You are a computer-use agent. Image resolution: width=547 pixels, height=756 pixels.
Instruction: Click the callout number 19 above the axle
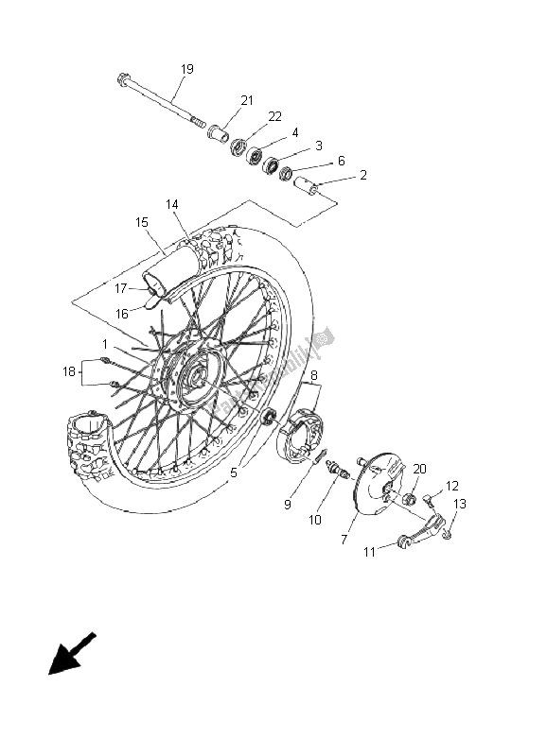click(187, 69)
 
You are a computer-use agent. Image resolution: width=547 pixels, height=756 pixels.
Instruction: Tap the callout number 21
click(247, 101)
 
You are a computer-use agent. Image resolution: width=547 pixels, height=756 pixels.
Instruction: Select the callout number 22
click(275, 116)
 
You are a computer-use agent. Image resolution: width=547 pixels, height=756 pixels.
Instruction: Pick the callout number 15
click(141, 223)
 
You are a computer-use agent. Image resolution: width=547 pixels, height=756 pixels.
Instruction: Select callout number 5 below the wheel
click(232, 472)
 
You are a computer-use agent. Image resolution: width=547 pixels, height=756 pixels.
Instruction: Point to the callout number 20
click(420, 469)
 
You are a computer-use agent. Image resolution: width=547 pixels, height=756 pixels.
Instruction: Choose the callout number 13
click(460, 504)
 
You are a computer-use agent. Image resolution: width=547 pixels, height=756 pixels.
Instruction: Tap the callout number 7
click(344, 539)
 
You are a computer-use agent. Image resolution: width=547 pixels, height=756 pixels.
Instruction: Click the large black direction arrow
click(72, 654)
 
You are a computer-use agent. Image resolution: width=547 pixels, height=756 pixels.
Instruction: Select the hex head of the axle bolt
click(124, 80)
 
